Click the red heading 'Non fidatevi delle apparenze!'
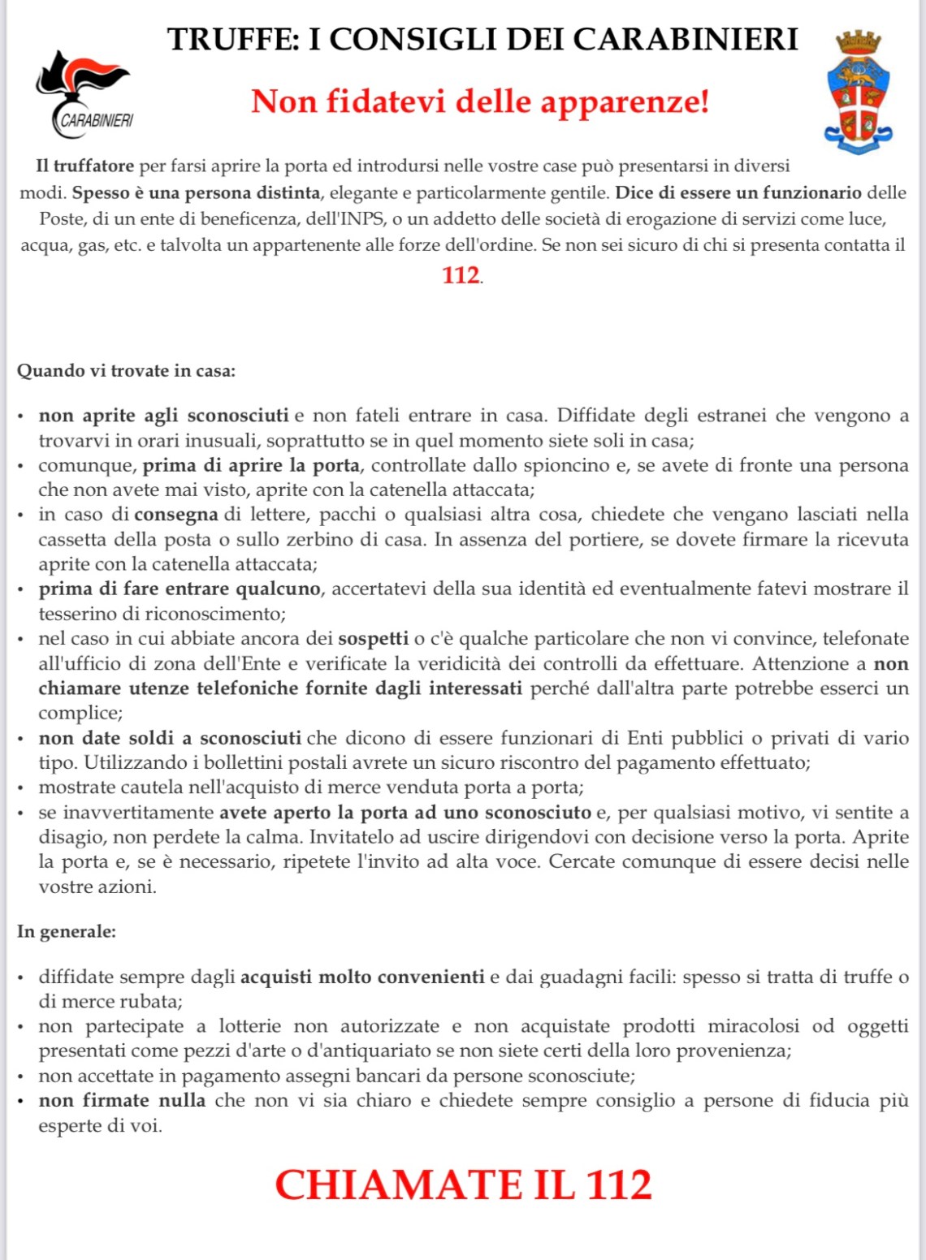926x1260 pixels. (480, 102)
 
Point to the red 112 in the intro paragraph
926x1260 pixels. (461, 275)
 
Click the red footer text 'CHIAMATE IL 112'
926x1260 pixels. (463, 1184)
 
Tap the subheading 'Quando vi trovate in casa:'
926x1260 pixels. (126, 371)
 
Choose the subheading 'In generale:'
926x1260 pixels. (67, 931)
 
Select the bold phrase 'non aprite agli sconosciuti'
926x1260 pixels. (163, 416)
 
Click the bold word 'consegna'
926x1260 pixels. (176, 515)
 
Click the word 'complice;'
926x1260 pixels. (80, 713)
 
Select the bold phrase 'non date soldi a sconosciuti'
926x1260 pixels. (170, 738)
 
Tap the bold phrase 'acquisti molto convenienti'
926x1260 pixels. (362, 977)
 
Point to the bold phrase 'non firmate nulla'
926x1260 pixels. (122, 1101)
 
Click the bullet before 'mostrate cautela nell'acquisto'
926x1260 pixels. (22, 788)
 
